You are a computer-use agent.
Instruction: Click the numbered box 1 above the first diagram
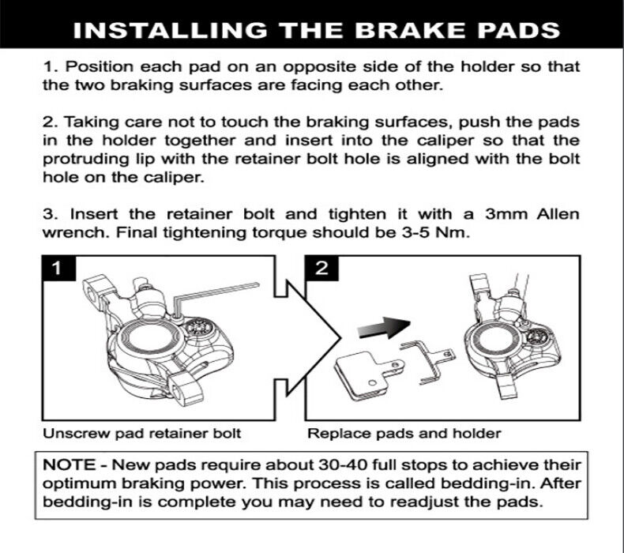pyautogui.click(x=55, y=269)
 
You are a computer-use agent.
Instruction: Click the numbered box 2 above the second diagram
pyautogui.click(x=321, y=269)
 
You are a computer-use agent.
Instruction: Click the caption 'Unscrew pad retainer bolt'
pyautogui.click(x=141, y=434)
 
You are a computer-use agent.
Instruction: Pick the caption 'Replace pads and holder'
pyautogui.click(x=404, y=434)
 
